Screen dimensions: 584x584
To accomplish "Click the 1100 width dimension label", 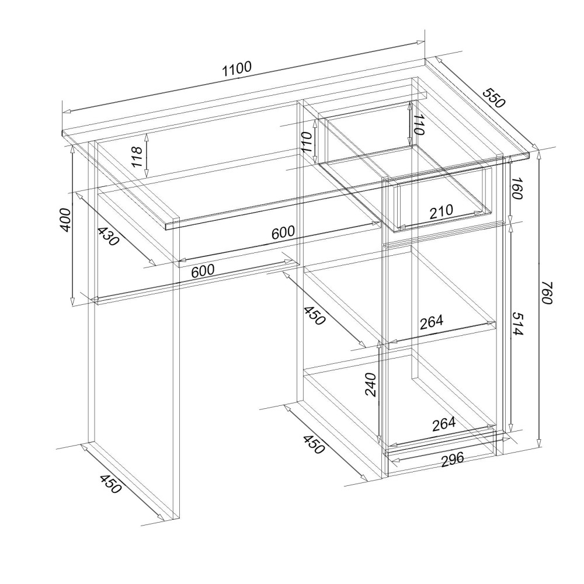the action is pos(237,69).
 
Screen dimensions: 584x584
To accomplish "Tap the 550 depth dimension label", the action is pos(494,98).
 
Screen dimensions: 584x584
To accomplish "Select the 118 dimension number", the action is pos(137,157).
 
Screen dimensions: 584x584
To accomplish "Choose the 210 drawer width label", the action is pos(442,212).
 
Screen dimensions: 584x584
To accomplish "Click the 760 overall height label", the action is pos(547,293).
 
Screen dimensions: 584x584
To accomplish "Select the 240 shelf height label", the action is pos(371,384).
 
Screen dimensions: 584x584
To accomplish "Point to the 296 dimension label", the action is pos(453,459).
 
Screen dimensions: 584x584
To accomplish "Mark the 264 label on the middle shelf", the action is pos(432,322).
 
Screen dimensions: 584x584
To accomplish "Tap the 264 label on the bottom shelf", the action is pos(444,424).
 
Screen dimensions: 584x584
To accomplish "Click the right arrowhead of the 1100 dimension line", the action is pos(421,42).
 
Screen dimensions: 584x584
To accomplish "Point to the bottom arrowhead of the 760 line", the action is pos(539,443).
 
